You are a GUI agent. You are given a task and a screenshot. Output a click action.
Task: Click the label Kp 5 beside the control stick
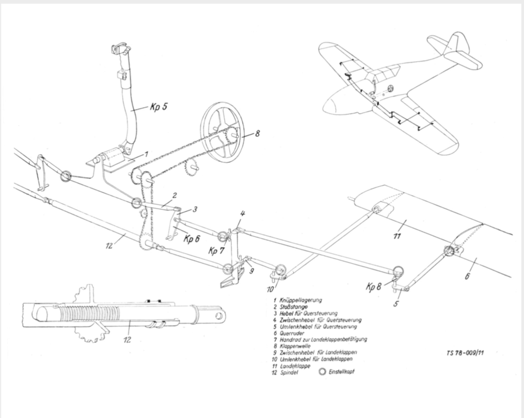click(158, 108)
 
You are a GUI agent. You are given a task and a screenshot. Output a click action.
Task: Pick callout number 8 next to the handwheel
click(257, 134)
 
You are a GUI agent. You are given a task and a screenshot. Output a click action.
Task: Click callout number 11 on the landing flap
click(397, 236)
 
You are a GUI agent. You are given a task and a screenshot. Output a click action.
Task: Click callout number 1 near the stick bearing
click(146, 153)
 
